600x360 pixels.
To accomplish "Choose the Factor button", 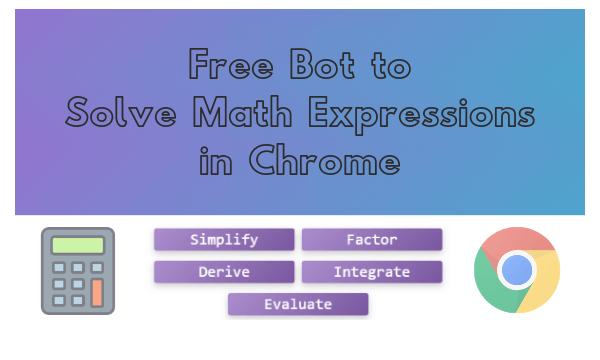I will pyautogui.click(x=372, y=240).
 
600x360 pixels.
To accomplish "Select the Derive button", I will pyautogui.click(x=224, y=272).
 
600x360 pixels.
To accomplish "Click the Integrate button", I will pyautogui.click(x=372, y=272).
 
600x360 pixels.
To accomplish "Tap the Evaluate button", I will pyautogui.click(x=298, y=304).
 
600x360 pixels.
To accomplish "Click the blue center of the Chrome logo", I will pyautogui.click(x=517, y=270).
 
